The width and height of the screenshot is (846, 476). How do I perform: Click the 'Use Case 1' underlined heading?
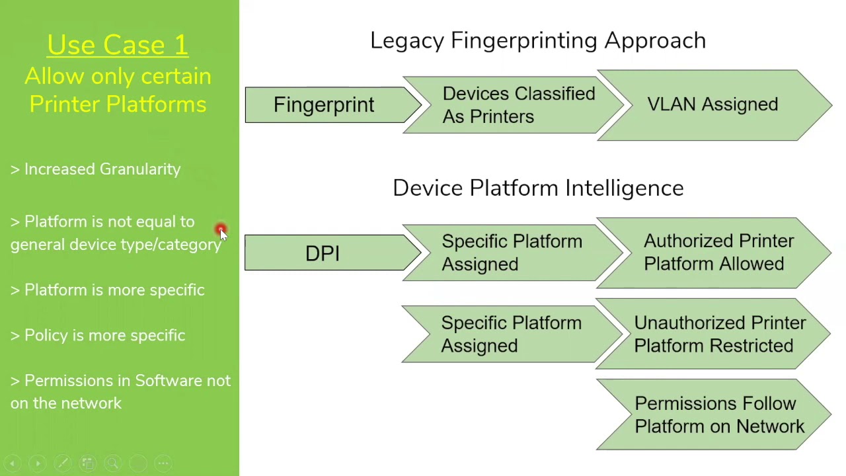[118, 45]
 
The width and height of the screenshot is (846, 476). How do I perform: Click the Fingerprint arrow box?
[324, 105]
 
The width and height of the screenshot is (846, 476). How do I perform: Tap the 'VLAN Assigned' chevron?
[712, 104]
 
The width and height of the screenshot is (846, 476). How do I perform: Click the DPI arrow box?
[323, 253]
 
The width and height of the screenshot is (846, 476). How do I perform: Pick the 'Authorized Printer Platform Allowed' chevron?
[718, 253]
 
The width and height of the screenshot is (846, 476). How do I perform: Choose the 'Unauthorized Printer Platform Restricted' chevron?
[719, 334]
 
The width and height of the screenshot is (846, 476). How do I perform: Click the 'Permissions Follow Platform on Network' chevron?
[719, 415]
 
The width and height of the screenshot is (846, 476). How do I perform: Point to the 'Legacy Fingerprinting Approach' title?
[537, 40]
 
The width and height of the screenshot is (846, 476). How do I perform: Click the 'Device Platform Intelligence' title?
[537, 188]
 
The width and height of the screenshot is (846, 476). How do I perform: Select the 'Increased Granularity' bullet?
[102, 169]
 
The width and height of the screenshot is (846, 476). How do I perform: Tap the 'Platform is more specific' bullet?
[114, 290]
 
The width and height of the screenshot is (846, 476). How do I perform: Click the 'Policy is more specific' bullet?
[104, 336]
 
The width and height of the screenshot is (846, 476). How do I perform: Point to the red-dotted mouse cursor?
[221, 231]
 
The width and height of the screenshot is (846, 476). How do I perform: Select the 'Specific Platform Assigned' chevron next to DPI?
[511, 253]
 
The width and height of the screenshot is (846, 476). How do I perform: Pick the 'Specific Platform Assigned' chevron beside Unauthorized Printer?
[510, 334]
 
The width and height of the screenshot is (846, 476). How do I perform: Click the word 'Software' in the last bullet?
[169, 381]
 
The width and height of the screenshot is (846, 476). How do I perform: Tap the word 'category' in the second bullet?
[189, 245]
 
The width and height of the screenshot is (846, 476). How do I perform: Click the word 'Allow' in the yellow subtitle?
[55, 77]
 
